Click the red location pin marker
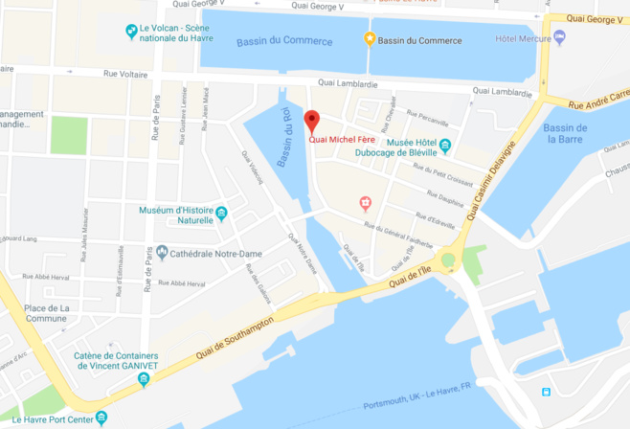pos(310,122)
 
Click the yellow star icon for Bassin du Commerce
pos(370,40)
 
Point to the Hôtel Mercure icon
pos(559,37)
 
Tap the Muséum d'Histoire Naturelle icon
pos(221,214)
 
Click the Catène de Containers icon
pos(144,380)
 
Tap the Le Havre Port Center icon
pos(101,418)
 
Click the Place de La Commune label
pos(47,313)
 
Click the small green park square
pos(68,135)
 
